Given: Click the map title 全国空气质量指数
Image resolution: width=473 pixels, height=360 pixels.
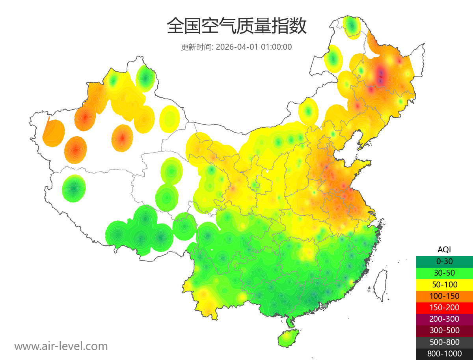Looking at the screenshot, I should coord(236,26).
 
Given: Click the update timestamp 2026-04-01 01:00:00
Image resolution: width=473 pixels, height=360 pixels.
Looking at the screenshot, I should coord(254,47).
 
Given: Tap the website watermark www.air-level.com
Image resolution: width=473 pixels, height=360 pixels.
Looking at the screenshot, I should coord(61,346).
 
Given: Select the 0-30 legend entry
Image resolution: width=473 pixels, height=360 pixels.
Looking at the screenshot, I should coord(444,261).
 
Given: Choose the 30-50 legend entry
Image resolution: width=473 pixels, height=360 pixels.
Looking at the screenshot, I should coord(444,273).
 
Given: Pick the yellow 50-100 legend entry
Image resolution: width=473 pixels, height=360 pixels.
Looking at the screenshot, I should coord(444,284).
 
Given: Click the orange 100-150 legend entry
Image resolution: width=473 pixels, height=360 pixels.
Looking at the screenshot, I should coord(444,296).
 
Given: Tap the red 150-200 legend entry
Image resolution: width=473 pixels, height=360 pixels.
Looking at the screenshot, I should coord(444,308).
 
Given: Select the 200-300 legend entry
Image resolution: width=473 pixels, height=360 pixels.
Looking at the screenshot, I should coord(444,319).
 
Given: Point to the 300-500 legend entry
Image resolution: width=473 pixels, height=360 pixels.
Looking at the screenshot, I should coord(444,330).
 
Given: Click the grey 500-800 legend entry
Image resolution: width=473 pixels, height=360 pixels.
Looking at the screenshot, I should coord(444,342).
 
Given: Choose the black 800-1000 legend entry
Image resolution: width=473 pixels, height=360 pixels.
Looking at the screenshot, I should coord(444,354).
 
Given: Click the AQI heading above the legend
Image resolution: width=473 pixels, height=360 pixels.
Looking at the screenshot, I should coord(444,250).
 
